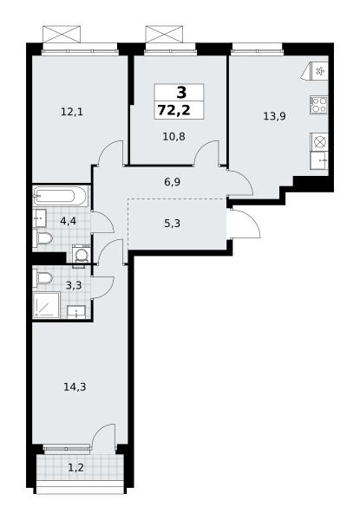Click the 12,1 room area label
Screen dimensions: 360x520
tap(72, 112)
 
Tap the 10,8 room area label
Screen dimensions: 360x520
tap(173, 136)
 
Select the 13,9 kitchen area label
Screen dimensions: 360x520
tap(274, 116)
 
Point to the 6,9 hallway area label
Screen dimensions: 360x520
tap(173, 182)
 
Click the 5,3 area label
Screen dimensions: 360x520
tap(173, 224)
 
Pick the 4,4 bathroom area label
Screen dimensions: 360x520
tap(69, 220)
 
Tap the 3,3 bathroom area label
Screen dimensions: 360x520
tap(74, 285)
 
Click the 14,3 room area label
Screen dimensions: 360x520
tap(75, 387)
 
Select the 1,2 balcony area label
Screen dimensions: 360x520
tap(75, 468)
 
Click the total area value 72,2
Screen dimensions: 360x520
tap(174, 110)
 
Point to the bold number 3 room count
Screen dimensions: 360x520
tap(181, 92)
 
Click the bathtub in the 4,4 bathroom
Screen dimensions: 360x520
tap(61, 196)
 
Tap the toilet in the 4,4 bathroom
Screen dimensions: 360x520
tap(43, 237)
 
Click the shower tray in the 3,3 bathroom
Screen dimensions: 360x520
tap(46, 305)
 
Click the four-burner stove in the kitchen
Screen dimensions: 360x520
tap(319, 105)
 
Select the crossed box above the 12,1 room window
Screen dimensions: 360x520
tap(62, 35)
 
